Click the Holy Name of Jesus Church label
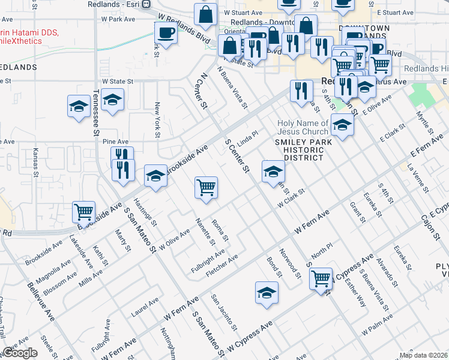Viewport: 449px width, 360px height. [x=303, y=128]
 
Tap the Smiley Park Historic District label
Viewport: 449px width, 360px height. [x=300, y=149]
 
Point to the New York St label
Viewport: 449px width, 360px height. [x=157, y=121]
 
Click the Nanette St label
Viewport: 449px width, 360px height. [x=205, y=232]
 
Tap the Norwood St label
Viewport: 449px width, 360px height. [x=290, y=265]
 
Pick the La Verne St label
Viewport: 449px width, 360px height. [x=418, y=178]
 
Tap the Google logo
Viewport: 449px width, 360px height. [x=20, y=353]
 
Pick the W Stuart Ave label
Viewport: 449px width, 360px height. [x=243, y=12]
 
